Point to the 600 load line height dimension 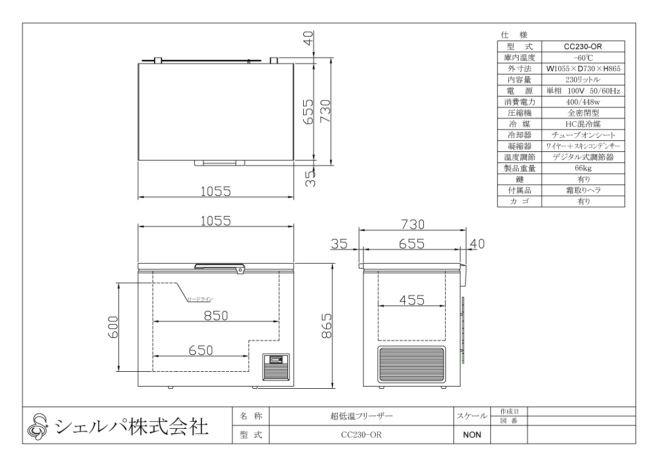(112, 327)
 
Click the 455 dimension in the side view (412, 300)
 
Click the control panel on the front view (276, 366)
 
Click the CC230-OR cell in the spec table (582, 47)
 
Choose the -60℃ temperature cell (582, 58)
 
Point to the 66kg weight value (582, 168)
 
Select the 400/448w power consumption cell (582, 102)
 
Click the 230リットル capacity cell (582, 80)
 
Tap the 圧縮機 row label (519, 113)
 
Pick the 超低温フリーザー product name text (360, 416)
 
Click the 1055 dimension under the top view (215, 191)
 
